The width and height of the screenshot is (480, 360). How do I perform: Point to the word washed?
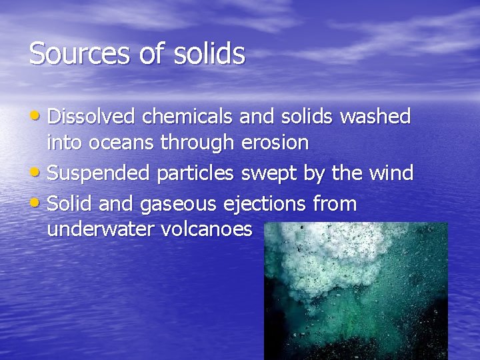coord(375,117)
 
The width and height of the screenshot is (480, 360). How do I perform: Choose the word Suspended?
coord(100,173)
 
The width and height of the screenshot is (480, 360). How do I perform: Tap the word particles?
coord(195,173)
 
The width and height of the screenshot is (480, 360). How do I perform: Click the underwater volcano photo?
coord(355,291)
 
